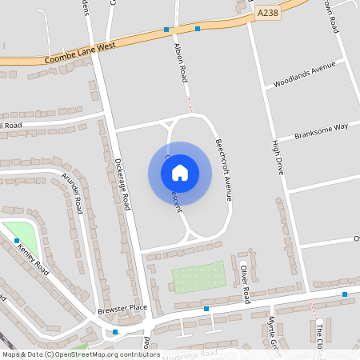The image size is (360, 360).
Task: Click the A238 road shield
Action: pos(267,14)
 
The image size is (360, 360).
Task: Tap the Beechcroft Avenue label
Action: pos(223,170)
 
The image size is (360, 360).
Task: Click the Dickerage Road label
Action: pos(122,185)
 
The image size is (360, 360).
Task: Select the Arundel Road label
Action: pos(73,194)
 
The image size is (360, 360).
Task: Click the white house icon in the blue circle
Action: pos(180,173)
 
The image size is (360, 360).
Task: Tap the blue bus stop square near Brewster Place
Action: pos(115,331)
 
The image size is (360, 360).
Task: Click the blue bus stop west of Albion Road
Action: pos(166,30)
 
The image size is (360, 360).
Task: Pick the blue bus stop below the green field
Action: pos(206,308)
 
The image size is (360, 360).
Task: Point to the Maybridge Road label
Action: pos(190,354)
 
